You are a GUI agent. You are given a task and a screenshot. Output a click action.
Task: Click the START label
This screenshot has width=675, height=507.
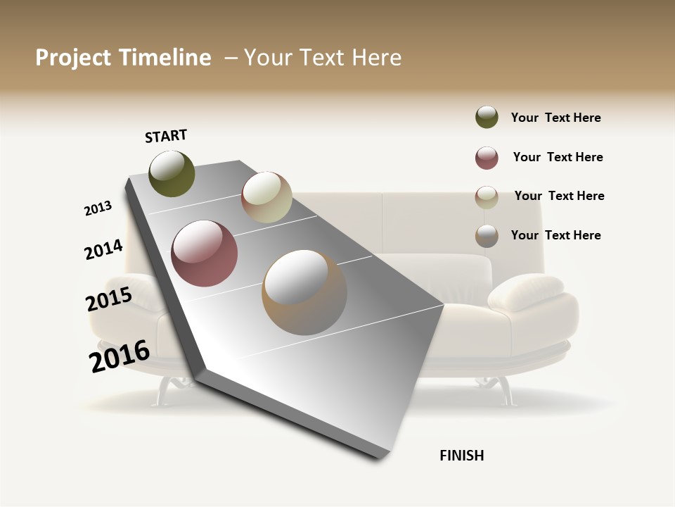coord(166,136)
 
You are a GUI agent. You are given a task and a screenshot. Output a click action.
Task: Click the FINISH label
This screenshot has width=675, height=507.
coord(461,456)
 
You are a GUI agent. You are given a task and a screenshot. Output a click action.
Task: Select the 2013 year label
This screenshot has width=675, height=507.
coord(98,208)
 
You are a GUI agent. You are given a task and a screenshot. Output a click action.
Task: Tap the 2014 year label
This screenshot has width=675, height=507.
coord(103,250)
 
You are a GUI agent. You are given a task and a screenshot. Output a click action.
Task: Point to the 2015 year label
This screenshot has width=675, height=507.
coord(108,300)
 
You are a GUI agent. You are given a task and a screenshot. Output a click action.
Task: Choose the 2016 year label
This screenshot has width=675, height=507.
coord(120,356)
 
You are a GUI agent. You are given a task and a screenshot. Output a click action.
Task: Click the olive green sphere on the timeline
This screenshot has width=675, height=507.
coord(172,173)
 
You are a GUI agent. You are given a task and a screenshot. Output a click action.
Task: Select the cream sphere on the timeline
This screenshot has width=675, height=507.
coord(266,197)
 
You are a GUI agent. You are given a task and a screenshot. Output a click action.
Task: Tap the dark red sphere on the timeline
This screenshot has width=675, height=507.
coord(205,254)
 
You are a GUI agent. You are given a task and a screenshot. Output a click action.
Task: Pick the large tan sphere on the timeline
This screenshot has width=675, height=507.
coord(304,292)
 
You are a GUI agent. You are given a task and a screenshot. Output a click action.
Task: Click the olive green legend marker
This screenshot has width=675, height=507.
coord(487,117)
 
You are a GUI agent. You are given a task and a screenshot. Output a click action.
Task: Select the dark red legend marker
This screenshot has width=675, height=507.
coord(487,158)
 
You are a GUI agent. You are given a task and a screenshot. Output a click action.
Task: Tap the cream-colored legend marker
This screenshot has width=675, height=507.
coord(487,197)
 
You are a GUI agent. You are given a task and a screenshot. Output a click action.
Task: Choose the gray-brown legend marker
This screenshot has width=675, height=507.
coord(487,236)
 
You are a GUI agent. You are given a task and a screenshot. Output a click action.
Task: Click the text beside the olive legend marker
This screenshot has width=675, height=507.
coord(555,118)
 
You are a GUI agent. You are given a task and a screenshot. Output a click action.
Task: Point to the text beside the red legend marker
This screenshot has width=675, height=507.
coord(558,157)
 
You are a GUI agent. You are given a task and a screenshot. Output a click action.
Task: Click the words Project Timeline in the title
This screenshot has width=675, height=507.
coord(123,58)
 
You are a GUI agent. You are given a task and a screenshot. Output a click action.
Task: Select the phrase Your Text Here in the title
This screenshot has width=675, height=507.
coord(323,58)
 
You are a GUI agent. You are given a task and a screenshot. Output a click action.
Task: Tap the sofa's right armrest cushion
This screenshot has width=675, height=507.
coord(527,292)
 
